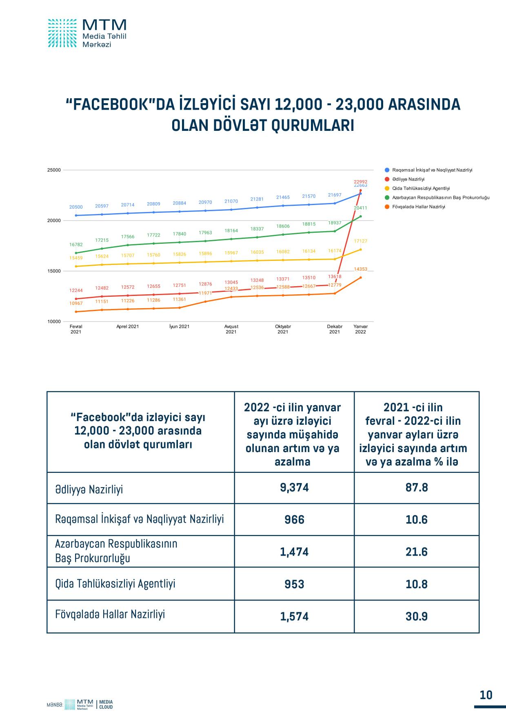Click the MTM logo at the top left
tap(87, 33)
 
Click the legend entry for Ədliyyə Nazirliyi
tap(408, 179)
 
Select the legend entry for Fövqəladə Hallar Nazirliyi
tap(418, 207)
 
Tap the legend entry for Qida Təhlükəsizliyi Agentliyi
tap(421, 188)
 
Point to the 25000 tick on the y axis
tap(54, 170)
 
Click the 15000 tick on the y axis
tap(54, 271)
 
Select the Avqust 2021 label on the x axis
tap(231, 329)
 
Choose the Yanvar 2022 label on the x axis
tap(360, 329)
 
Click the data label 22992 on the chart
tap(360, 182)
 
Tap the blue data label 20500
tap(76, 207)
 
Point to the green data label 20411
tap(360, 208)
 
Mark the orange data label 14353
tap(360, 269)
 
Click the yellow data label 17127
tap(360, 241)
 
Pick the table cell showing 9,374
tap(294, 488)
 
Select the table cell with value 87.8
tap(417, 488)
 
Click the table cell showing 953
tap(294, 584)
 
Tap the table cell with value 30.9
tap(417, 616)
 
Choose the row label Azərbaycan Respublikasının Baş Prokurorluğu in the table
tap(116, 551)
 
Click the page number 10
tap(486, 695)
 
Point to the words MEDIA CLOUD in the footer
tap(106, 704)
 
